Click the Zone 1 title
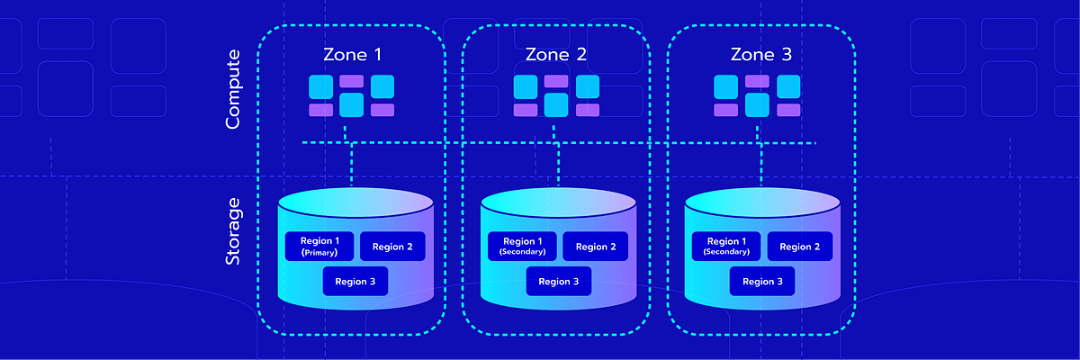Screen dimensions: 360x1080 352,55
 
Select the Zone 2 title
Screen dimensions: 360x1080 556,55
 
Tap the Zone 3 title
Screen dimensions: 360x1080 761,55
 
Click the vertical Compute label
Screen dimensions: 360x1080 232,89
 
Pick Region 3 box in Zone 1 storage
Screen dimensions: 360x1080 355,282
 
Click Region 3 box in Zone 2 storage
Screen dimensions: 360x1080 559,282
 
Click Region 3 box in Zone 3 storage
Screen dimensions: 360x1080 762,282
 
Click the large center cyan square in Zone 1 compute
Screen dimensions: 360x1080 352,105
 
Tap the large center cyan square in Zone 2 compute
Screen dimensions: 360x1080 556,105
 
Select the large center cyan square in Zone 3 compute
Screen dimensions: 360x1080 758,105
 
